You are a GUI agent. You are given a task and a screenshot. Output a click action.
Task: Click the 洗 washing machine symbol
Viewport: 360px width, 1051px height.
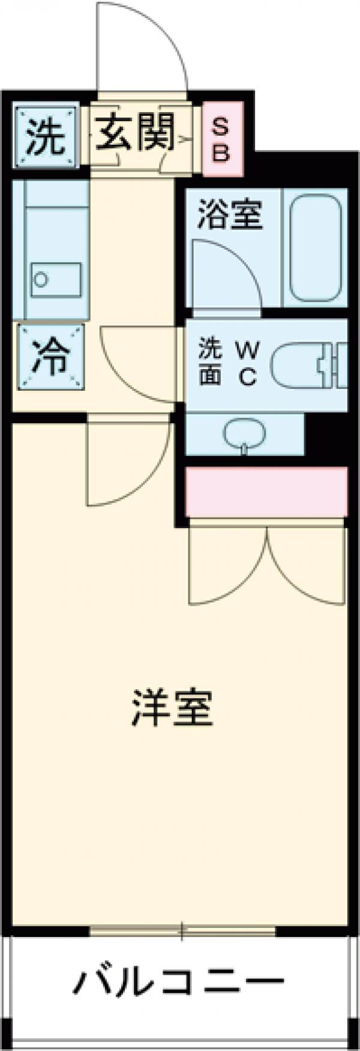pyautogui.click(x=46, y=137)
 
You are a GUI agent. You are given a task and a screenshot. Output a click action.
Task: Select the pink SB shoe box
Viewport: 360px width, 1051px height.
pyautogui.click(x=222, y=139)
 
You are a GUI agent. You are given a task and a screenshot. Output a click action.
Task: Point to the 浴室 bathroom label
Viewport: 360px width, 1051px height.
pyautogui.click(x=231, y=215)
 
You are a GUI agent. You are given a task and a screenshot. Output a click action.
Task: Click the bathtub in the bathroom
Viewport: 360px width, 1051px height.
pyautogui.click(x=316, y=247)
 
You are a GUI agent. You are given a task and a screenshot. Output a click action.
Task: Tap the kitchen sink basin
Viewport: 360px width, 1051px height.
pyautogui.click(x=56, y=280)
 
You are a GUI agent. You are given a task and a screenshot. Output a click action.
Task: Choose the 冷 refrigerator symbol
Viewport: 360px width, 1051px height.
pyautogui.click(x=50, y=357)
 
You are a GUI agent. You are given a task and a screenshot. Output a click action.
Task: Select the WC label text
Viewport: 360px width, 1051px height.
pyautogui.click(x=247, y=364)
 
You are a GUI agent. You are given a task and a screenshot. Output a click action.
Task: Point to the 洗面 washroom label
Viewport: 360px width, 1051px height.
pyautogui.click(x=210, y=364)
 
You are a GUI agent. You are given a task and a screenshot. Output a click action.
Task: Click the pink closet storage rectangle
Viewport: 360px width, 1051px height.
pyautogui.click(x=266, y=492)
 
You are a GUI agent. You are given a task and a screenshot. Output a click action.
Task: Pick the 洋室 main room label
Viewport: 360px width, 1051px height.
pyautogui.click(x=172, y=708)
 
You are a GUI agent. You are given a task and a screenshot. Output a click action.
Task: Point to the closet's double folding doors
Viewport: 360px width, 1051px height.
pyautogui.click(x=267, y=564)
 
